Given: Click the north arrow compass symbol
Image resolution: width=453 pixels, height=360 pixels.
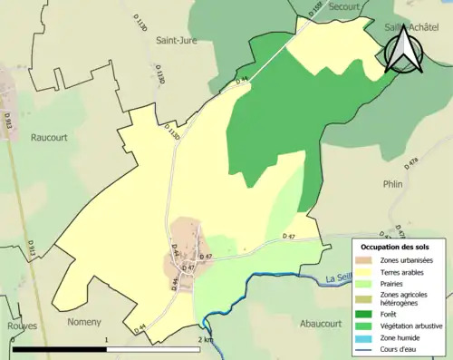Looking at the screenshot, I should tap(403, 49).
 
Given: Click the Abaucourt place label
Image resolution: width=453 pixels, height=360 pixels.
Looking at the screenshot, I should tap(324, 321).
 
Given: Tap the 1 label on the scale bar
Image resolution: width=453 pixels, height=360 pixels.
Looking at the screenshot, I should tap(107, 340).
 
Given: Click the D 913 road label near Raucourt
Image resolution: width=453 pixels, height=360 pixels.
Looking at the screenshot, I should tap(7, 118).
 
